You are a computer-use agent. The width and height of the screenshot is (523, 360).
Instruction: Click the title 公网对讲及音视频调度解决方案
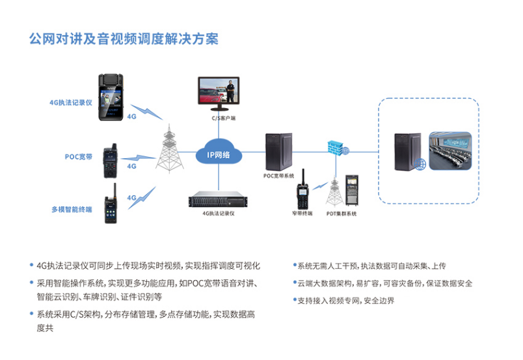(x=124, y=39)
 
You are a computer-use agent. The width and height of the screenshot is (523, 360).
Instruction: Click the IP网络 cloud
(x=218, y=154)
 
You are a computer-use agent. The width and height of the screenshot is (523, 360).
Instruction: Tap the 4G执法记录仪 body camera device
(x=110, y=97)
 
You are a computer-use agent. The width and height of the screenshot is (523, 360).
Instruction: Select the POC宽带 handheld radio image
(x=108, y=159)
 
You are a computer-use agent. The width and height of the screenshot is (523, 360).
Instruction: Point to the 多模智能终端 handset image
(x=108, y=204)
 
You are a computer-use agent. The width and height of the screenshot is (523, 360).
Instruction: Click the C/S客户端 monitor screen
(x=219, y=91)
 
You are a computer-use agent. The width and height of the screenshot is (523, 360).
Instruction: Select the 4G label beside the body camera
(x=131, y=117)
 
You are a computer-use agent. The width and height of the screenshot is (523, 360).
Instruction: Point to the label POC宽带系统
(x=278, y=176)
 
